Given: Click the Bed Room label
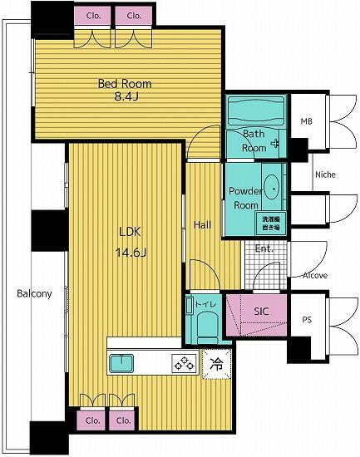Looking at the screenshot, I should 125,83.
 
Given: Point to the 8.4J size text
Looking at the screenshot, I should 125,98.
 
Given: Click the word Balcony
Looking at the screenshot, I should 33,293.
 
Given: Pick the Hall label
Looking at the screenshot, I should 203,224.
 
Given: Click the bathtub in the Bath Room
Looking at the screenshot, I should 255,110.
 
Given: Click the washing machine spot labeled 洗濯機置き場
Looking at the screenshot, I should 270,222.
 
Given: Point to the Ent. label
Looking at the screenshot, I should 264,248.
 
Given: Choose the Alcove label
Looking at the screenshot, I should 315,275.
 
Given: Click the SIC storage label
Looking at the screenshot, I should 262,311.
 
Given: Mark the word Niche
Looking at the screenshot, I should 324,175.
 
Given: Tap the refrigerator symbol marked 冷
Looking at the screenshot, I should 215,362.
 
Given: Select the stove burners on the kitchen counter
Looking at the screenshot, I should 184,362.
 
